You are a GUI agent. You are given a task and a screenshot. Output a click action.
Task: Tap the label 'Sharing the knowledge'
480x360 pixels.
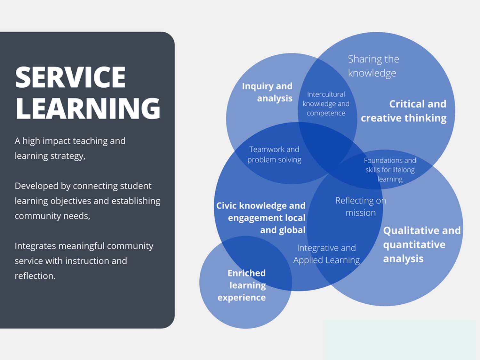click(373, 66)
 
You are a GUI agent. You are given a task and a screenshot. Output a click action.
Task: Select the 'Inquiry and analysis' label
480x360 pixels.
click(268, 92)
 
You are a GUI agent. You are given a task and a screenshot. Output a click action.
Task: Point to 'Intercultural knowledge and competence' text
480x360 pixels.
click(326, 104)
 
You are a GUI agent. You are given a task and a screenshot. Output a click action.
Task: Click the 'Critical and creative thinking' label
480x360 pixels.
click(404, 111)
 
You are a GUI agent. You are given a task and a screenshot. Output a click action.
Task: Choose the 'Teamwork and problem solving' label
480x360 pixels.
click(274, 155)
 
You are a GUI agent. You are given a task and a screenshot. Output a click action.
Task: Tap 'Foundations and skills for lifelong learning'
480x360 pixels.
click(390, 170)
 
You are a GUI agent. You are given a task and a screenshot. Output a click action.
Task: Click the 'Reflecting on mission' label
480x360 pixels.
click(360, 207)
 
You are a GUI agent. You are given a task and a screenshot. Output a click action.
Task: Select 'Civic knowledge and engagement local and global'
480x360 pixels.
click(261, 218)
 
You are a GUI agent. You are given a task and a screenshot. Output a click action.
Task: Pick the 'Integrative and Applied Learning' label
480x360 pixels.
click(326, 254)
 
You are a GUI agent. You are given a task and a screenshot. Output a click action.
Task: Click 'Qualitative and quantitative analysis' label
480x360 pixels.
click(421, 244)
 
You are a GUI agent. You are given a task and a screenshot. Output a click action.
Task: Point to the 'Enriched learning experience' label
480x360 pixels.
click(242, 285)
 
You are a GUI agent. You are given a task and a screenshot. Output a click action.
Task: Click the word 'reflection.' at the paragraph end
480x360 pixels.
click(35, 276)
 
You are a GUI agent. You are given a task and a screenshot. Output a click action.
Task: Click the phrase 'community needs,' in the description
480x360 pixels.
click(52, 216)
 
